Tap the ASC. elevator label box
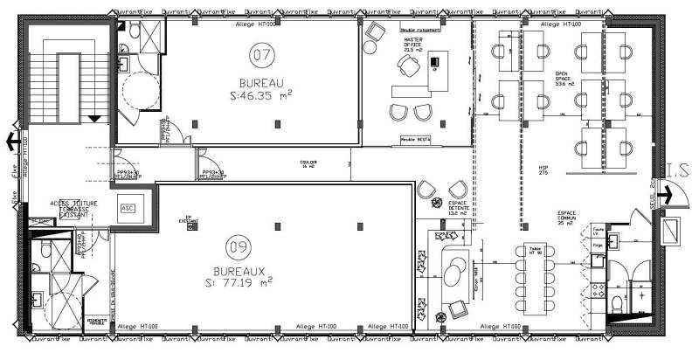point(128,209)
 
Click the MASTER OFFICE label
point(412,45)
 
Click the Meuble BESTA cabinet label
point(415,139)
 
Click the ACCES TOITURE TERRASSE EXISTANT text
point(68,208)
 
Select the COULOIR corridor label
point(308,163)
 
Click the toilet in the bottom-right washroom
point(617,302)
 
